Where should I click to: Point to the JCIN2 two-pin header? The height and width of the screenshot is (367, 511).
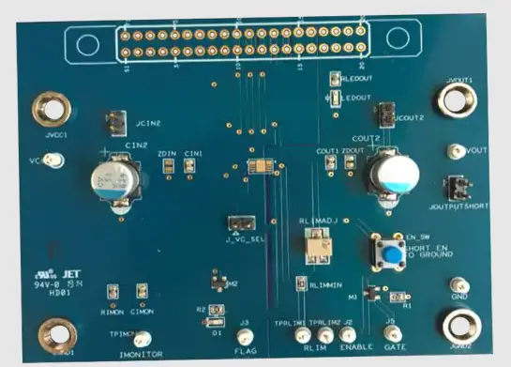(116, 121)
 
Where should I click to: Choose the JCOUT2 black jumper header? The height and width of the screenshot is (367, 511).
(383, 115)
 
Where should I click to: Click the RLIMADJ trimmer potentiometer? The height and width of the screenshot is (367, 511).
(319, 246)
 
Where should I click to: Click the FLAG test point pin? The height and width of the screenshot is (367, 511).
(245, 336)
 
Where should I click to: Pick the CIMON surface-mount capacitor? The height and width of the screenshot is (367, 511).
(142, 292)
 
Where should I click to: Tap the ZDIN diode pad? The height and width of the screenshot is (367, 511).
(168, 166)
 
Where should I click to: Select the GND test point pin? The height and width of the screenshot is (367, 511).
(459, 284)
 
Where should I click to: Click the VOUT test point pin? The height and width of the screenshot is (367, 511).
(456, 150)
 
